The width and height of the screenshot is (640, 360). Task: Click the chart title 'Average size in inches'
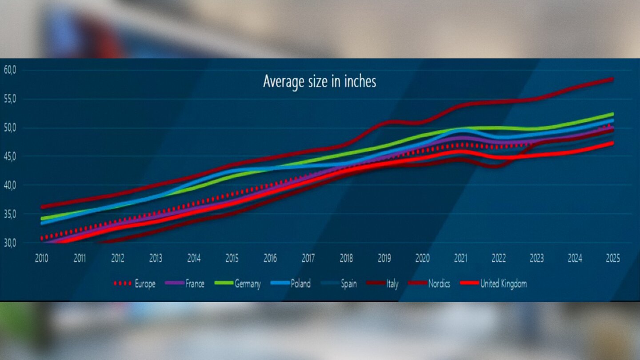click(x=319, y=82)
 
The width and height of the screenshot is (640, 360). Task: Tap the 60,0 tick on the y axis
click(x=9, y=70)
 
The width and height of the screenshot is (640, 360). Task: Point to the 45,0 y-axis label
click(x=9, y=156)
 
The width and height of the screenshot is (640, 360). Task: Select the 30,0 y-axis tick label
click(x=9, y=243)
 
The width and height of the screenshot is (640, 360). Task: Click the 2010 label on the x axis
click(x=42, y=259)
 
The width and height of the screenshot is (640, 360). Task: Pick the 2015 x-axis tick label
click(x=232, y=259)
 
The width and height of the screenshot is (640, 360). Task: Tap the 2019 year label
click(x=384, y=259)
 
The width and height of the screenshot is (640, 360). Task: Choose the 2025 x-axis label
click(x=612, y=259)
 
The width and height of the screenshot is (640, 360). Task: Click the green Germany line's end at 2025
click(x=612, y=114)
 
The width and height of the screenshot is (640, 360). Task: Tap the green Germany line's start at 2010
click(x=42, y=218)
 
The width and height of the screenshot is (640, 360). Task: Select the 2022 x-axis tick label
click(x=498, y=259)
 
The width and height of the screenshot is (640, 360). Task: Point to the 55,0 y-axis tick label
click(x=9, y=99)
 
